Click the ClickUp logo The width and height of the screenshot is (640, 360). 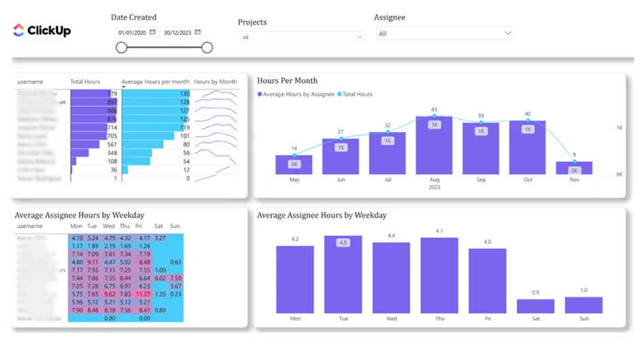click(x=42, y=30)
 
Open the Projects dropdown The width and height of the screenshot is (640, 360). click(x=302, y=37)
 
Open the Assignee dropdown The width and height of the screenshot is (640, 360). click(x=445, y=33)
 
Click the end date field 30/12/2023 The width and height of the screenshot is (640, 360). click(x=178, y=32)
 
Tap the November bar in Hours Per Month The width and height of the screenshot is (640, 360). click(x=573, y=168)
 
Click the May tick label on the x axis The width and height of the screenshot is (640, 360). click(x=294, y=180)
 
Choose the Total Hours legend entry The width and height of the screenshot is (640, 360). click(x=357, y=94)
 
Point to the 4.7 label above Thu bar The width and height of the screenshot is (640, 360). click(x=439, y=231)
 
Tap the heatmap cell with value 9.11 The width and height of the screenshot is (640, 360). click(x=93, y=261)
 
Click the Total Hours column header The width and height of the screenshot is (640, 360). click(x=85, y=82)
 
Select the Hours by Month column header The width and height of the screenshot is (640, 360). click(x=215, y=82)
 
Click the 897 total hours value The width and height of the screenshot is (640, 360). click(x=112, y=102)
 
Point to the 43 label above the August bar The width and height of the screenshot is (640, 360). click(x=434, y=110)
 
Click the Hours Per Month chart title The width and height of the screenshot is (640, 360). click(x=287, y=80)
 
